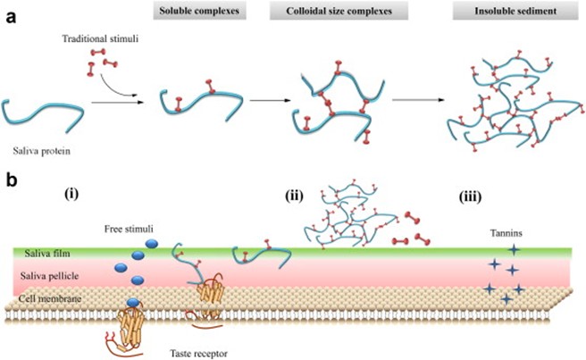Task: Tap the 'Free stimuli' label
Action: (113, 229)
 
